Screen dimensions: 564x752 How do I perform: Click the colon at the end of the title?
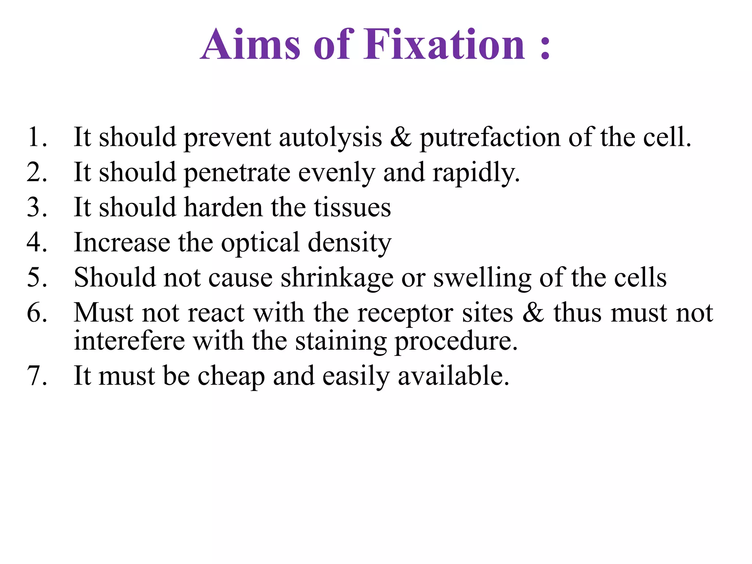545,48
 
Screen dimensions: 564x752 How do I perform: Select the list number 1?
37,137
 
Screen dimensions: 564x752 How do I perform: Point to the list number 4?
37,242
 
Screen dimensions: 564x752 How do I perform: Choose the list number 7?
37,376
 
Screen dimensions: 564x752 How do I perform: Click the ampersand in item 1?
401,137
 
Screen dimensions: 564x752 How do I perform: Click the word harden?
223,207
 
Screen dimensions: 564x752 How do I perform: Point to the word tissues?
352,207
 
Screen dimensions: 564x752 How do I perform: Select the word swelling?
482,278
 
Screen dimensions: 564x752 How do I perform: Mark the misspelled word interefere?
129,341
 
